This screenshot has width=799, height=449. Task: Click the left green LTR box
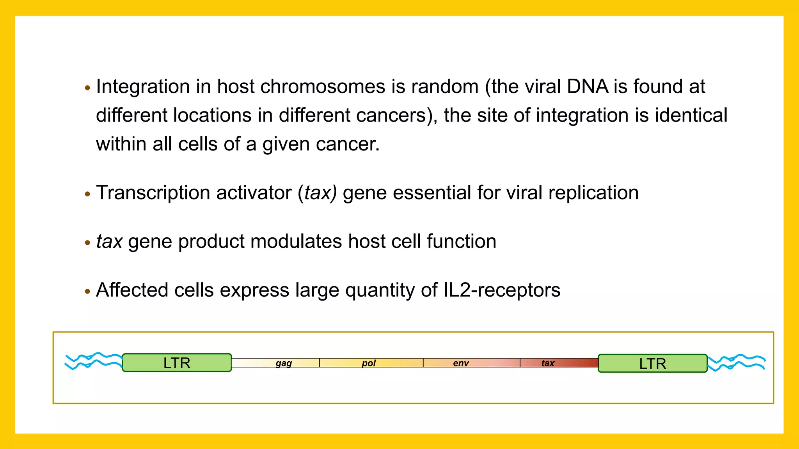177,363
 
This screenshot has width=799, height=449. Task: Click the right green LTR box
652,364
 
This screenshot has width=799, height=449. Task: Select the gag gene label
284,363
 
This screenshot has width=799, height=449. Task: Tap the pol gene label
368,363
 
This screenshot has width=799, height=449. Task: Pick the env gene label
461,363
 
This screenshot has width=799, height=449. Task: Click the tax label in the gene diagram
548,363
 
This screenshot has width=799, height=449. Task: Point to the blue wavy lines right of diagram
737,362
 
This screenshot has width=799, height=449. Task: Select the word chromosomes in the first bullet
323,87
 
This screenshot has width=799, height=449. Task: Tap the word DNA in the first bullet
587,87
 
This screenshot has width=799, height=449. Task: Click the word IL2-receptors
502,290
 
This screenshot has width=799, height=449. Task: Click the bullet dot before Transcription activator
87,194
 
